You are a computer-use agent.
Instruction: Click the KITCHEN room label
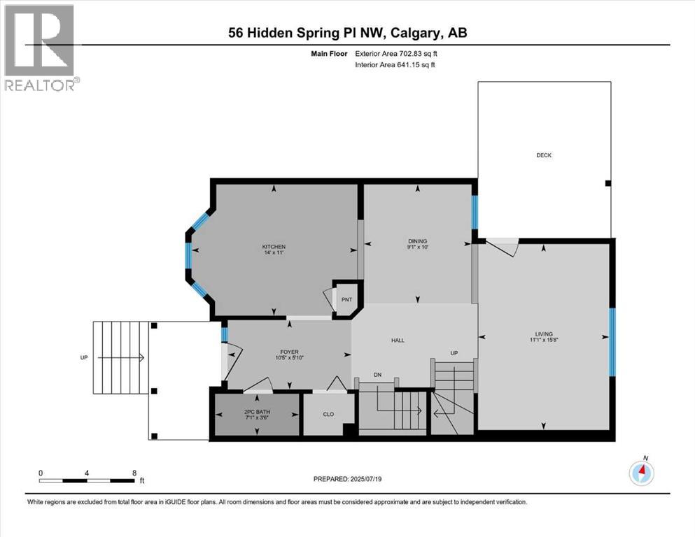click(274, 247)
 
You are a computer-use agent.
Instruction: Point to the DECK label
click(544, 155)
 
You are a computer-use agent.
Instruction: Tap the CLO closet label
click(328, 414)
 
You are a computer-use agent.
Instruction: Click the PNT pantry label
click(347, 300)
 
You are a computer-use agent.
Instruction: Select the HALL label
click(398, 341)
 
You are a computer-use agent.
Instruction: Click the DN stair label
click(377, 375)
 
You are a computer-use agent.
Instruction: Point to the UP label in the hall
click(454, 353)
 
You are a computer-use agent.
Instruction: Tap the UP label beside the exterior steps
click(84, 357)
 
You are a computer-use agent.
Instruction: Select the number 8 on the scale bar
click(134, 473)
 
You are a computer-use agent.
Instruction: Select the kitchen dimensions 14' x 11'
click(274, 254)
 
